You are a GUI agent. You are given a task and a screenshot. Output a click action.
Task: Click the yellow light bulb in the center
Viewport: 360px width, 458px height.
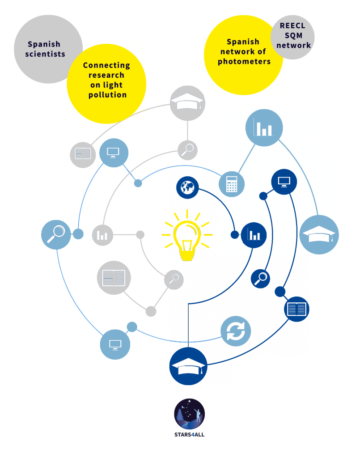tap(187, 235)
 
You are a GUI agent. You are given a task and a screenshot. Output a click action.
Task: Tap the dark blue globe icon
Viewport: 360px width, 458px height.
tap(187, 187)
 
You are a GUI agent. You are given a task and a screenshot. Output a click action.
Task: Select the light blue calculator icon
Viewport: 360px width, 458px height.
tap(232, 184)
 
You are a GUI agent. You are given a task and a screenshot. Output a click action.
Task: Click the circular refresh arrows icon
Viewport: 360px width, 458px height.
tap(236, 331)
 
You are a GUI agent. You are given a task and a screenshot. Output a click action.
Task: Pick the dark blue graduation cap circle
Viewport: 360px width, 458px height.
tap(188, 366)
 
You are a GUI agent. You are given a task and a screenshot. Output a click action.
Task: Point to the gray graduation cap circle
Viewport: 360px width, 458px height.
tap(187, 103)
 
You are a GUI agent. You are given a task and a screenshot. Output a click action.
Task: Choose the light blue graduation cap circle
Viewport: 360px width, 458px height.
tap(319, 234)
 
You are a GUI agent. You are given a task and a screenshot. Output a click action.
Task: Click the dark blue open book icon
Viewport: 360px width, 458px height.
tap(296, 309)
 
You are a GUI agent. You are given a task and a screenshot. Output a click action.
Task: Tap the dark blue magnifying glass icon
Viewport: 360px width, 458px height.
tap(260, 279)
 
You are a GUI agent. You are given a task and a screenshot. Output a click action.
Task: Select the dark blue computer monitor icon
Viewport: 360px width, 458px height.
tap(284, 182)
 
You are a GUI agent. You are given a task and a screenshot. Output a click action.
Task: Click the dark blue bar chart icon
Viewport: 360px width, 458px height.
tap(254, 235)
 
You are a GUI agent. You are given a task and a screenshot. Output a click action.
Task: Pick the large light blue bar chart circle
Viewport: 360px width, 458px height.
tap(264, 127)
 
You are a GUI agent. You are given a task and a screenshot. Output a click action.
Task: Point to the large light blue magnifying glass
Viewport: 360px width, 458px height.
tap(56, 234)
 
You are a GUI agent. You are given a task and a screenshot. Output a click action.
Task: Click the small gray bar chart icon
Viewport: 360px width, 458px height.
tap(102, 235)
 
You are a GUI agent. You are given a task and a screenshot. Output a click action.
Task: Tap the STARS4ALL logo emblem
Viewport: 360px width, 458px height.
tap(190, 414)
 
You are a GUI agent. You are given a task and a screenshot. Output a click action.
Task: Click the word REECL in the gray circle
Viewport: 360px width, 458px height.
tap(292, 25)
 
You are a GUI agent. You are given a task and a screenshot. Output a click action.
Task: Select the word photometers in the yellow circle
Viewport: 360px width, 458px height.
tap(244, 62)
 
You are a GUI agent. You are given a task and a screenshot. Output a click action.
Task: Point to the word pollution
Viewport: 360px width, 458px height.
tap(107, 95)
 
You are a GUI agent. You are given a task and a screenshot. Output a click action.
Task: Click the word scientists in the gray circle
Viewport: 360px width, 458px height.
tap(45, 54)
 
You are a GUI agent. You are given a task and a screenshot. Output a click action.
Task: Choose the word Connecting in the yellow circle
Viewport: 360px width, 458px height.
tap(106, 65)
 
